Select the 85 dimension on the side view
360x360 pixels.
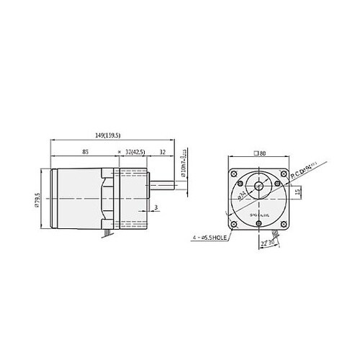(x=86, y=152)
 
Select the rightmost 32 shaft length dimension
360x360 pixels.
(x=163, y=152)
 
